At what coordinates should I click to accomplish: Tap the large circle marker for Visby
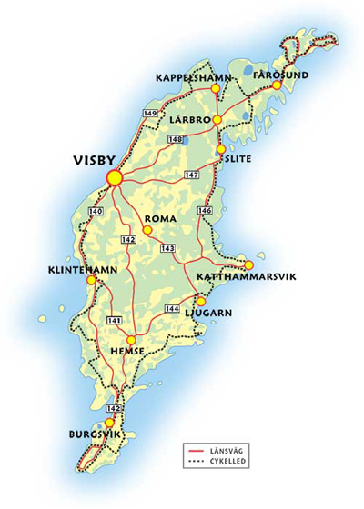pyautogui.click(x=115, y=178)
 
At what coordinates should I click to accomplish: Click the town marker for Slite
pyautogui.click(x=220, y=150)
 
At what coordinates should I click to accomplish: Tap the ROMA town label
pyautogui.click(x=160, y=219)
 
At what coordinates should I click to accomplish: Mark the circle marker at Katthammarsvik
pyautogui.click(x=248, y=265)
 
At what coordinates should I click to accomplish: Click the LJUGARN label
pyautogui.click(x=209, y=312)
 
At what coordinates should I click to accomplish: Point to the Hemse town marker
pyautogui.click(x=131, y=340)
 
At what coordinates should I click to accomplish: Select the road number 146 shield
pyautogui.click(x=206, y=211)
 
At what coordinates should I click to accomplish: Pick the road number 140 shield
pyautogui.click(x=96, y=211)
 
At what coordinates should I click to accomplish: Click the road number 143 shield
pyautogui.click(x=167, y=247)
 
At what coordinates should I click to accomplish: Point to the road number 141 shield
pyautogui.click(x=115, y=321)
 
